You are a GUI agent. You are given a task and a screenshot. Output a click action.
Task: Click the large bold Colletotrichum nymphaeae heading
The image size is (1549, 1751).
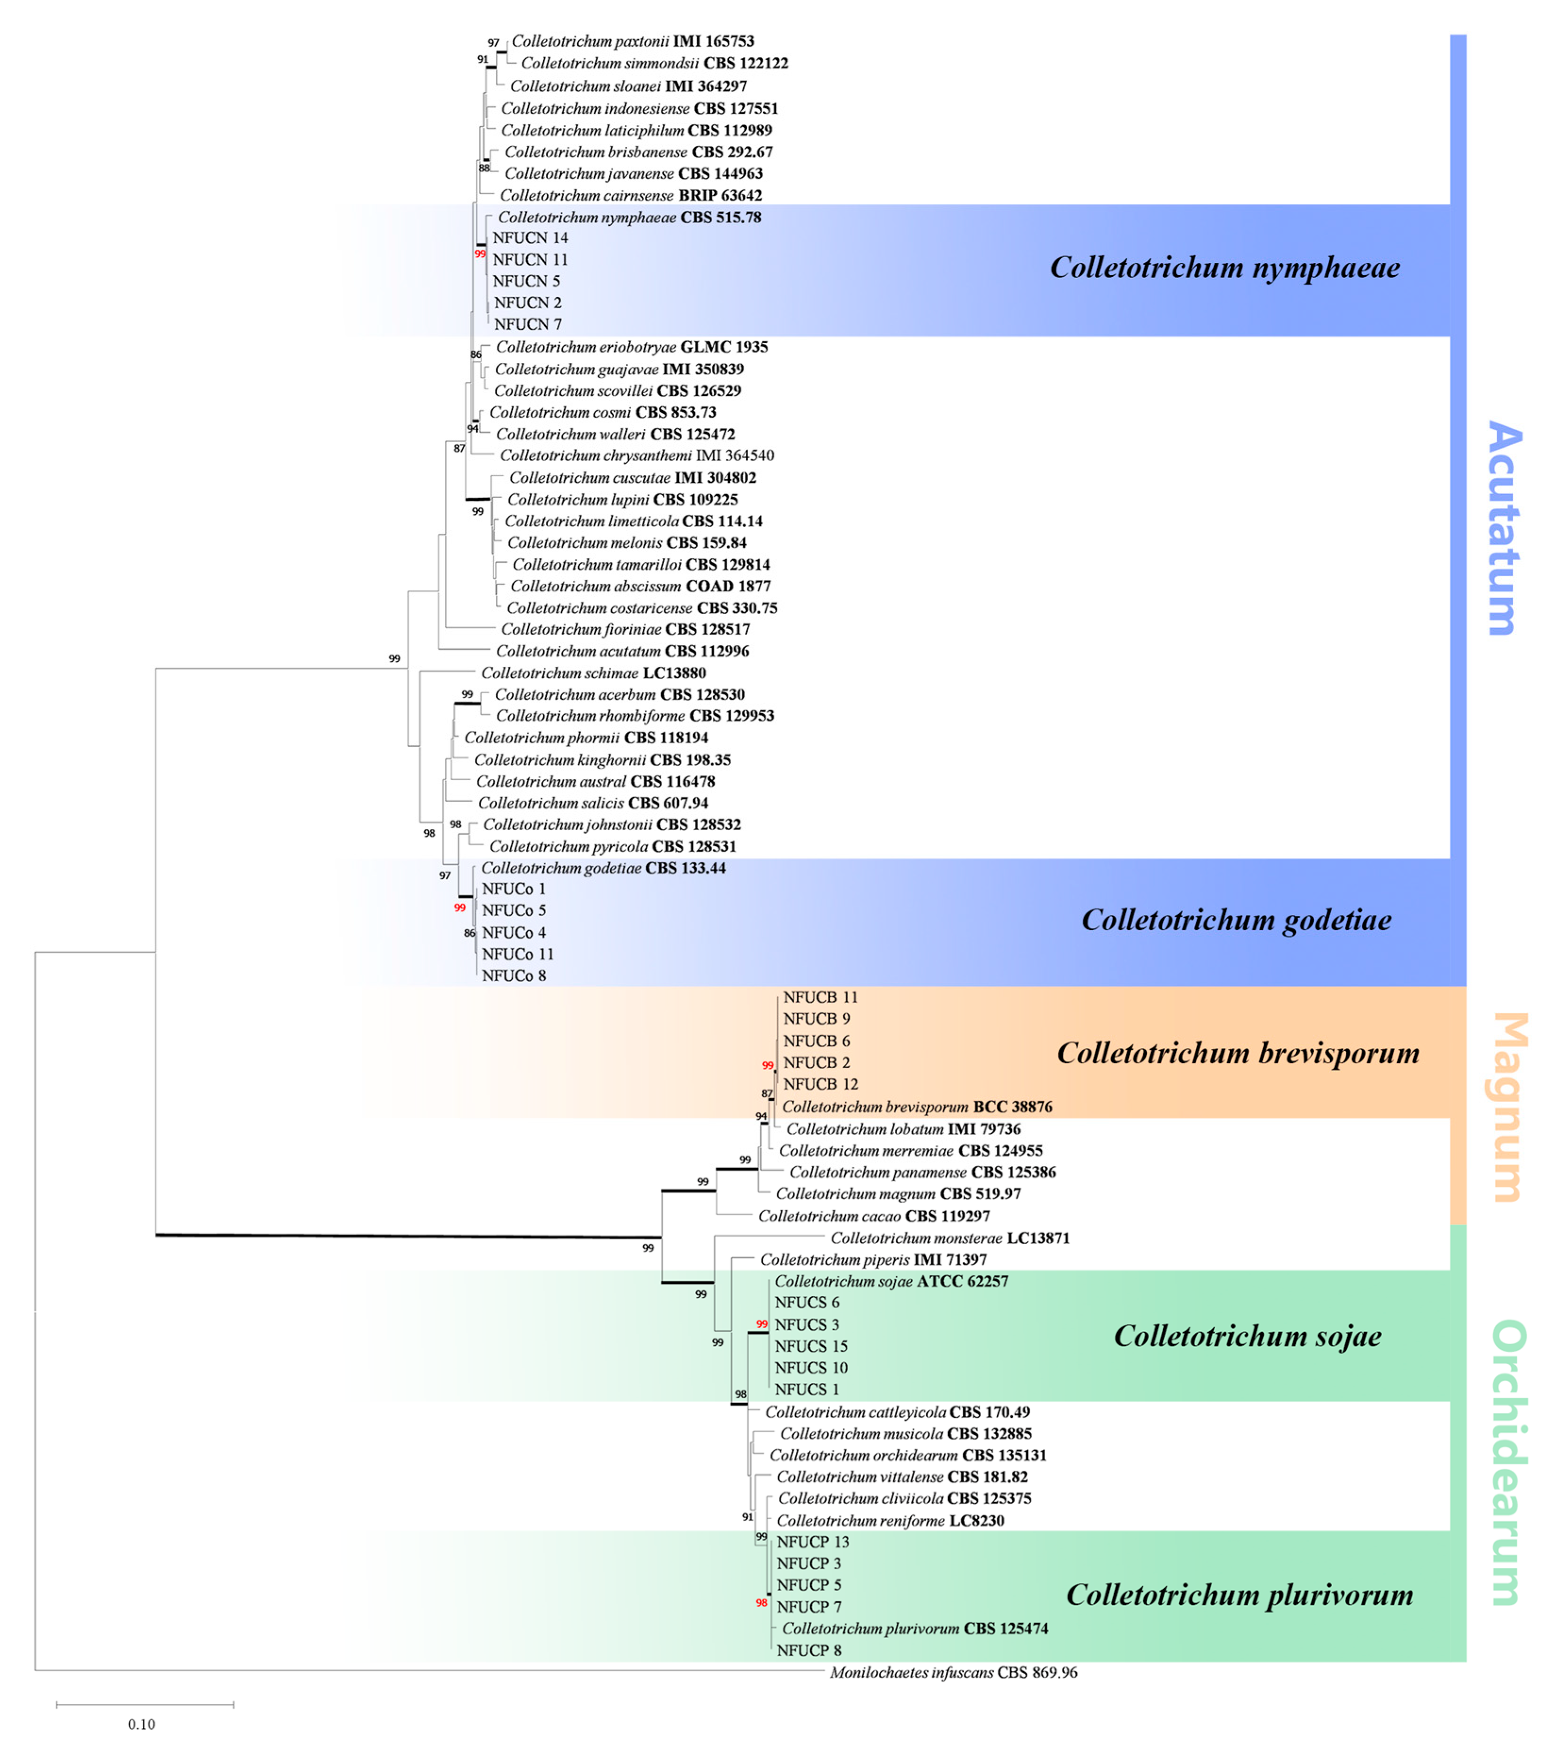[1224, 268]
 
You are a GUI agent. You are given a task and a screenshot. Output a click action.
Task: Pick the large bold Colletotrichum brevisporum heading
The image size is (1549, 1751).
[1237, 1053]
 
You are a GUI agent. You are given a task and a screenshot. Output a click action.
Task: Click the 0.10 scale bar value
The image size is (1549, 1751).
[142, 1724]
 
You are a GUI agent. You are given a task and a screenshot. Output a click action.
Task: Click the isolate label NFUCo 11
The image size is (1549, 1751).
[517, 953]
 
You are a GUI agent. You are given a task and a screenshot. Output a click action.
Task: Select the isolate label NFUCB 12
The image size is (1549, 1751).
[820, 1084]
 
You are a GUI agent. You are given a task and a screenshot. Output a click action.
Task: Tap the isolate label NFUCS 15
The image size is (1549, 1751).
[811, 1346]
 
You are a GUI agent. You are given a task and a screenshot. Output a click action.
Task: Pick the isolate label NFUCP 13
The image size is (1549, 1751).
[813, 1541]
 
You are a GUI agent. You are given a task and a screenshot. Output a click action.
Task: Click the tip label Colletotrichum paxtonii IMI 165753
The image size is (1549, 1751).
[633, 41]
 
